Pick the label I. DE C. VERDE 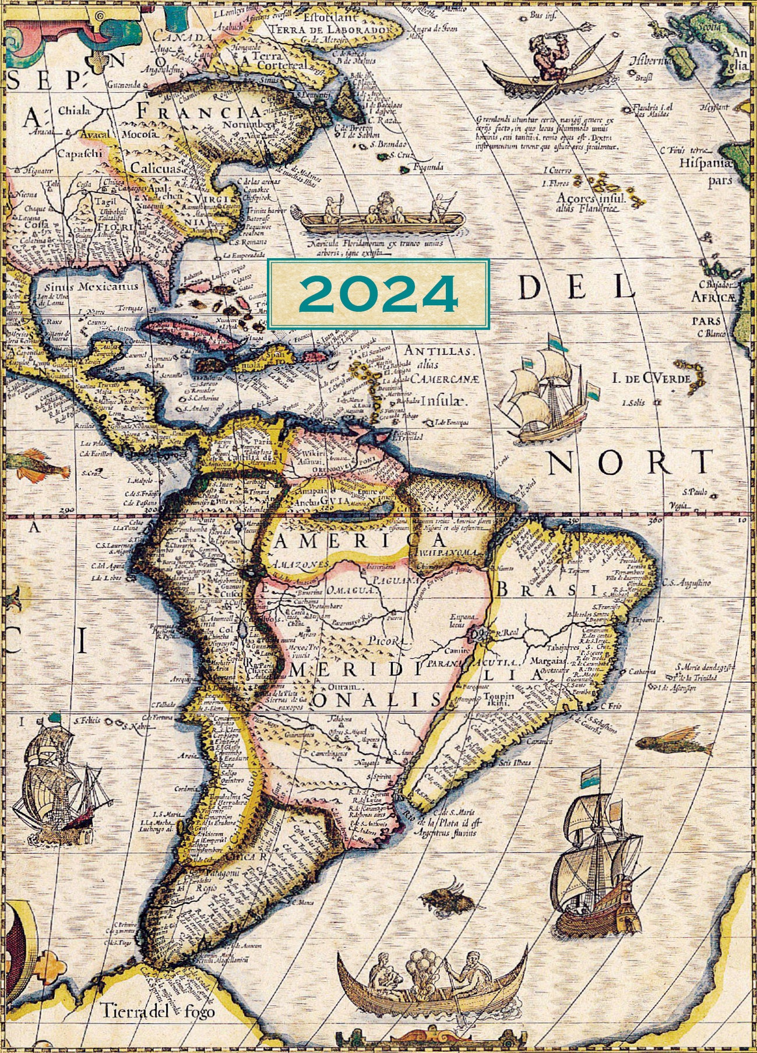tap(651, 379)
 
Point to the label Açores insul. tap(590, 198)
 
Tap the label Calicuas tap(156, 168)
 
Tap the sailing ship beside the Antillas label tap(548, 390)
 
